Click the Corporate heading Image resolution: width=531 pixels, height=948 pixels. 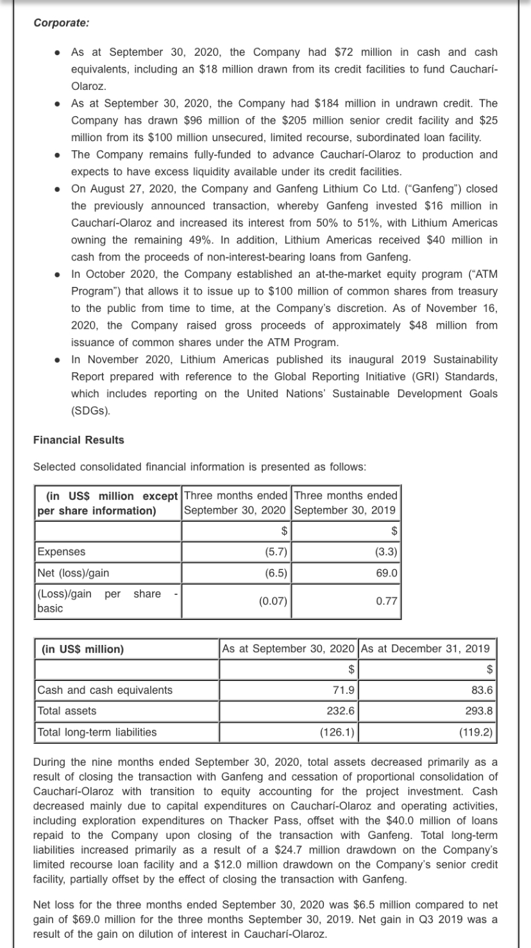(x=61, y=22)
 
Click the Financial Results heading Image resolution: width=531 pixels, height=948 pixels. (x=78, y=440)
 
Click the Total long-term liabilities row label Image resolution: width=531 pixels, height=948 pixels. (x=97, y=732)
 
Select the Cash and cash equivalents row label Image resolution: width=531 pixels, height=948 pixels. (x=105, y=690)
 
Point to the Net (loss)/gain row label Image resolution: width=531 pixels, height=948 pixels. (x=69, y=573)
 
